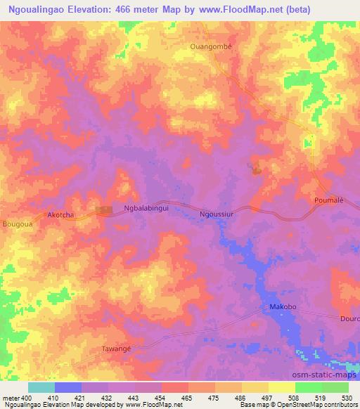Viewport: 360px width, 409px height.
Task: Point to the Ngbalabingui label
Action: [146, 209]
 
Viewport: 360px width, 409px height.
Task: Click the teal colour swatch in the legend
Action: [41, 387]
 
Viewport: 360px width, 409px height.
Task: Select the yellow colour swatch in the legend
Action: [281, 387]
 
